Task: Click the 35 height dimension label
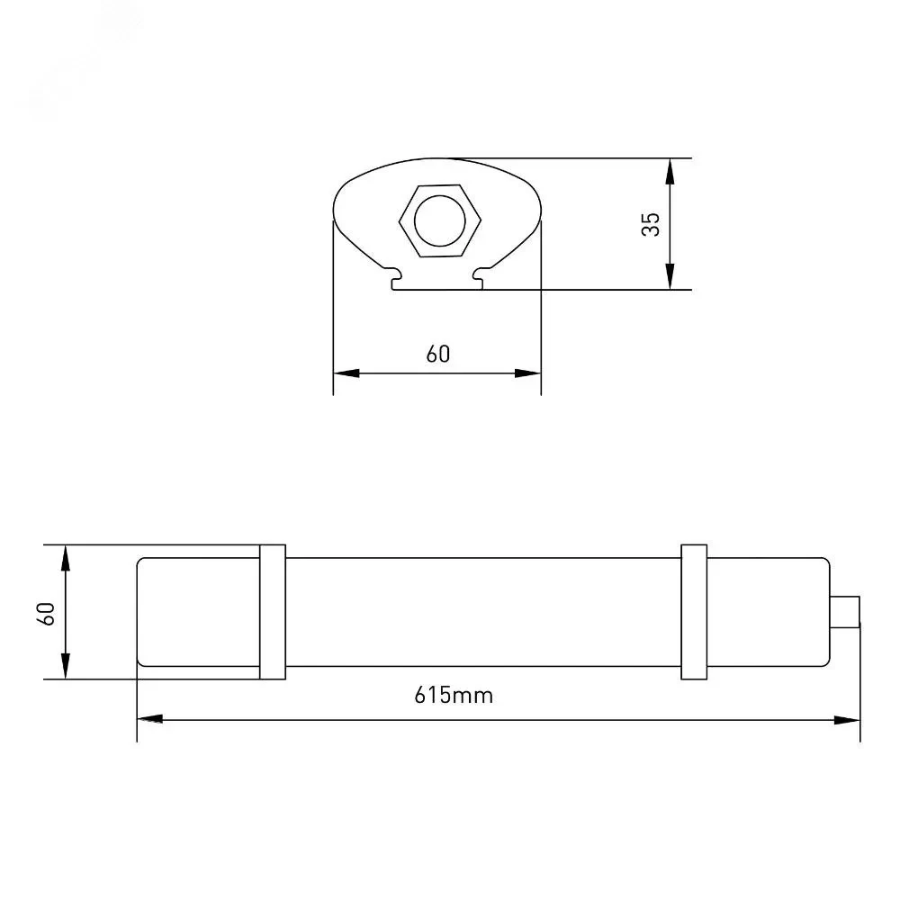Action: (x=651, y=224)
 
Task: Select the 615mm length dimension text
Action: (x=454, y=696)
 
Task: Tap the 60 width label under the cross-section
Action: (x=438, y=354)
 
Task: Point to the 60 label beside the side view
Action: (x=46, y=614)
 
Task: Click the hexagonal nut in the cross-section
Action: (x=440, y=220)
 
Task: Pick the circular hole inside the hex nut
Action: (x=440, y=220)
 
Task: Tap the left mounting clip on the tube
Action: (x=273, y=612)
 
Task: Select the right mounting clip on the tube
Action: (x=694, y=612)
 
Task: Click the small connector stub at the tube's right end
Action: (x=845, y=612)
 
